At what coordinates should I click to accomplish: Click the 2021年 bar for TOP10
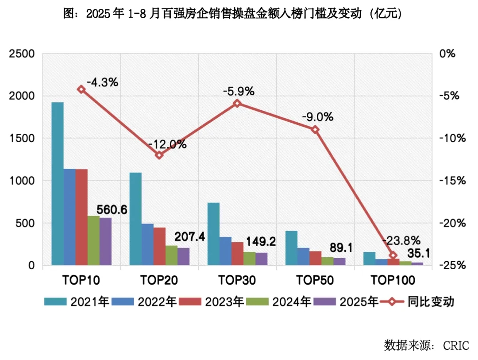(58, 184)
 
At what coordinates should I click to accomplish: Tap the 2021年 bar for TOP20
(135, 219)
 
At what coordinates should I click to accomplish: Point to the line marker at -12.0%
(159, 155)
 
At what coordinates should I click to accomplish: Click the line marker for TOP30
(237, 103)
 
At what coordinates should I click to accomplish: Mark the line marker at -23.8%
(393, 255)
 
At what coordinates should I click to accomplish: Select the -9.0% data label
(317, 117)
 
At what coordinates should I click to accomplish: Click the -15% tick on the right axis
(452, 181)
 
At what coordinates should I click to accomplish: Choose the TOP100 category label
(393, 280)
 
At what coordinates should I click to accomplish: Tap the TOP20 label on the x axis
(159, 280)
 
